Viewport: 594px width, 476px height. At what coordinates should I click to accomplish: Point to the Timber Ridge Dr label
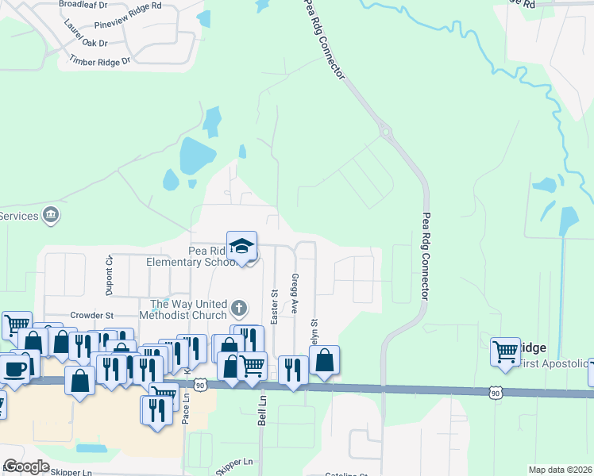[99, 61]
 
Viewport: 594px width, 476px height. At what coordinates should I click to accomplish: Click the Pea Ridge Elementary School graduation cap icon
[242, 245]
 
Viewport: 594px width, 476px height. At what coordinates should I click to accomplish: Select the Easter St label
[274, 306]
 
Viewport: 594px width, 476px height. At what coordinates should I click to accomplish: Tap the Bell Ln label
[261, 412]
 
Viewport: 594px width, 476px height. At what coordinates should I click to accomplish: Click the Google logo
[26, 466]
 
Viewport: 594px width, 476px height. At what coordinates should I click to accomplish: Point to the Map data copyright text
[560, 470]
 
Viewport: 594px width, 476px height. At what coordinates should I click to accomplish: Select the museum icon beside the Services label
[51, 215]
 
